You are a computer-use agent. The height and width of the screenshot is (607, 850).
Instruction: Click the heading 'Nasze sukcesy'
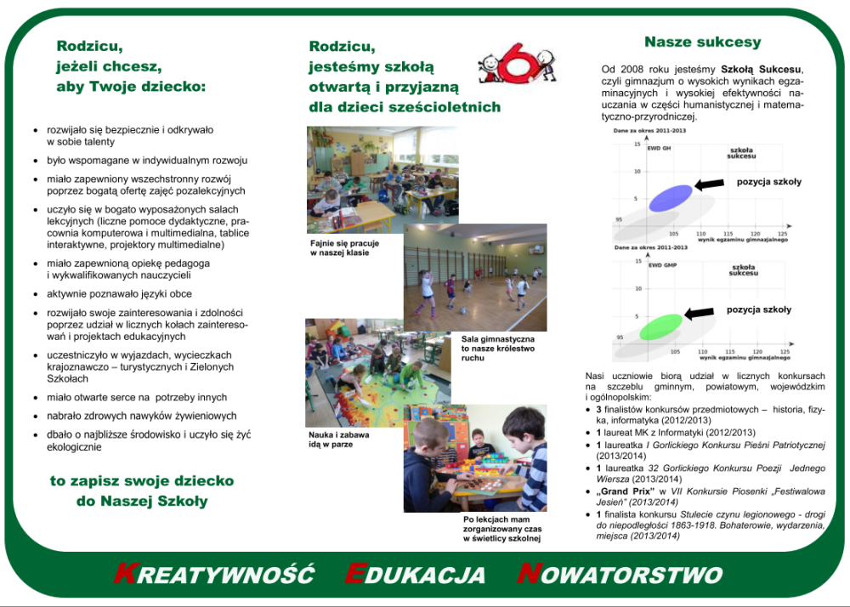click(x=702, y=43)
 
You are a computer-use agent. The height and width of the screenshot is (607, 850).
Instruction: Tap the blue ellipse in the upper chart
click(x=671, y=197)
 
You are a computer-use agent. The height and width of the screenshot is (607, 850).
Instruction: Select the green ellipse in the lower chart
click(x=660, y=326)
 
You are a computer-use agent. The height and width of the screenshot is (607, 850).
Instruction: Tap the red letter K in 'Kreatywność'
click(x=124, y=574)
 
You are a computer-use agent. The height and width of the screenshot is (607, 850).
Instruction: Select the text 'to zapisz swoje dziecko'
click(x=141, y=481)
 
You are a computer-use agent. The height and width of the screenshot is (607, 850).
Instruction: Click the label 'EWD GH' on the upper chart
click(x=659, y=149)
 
